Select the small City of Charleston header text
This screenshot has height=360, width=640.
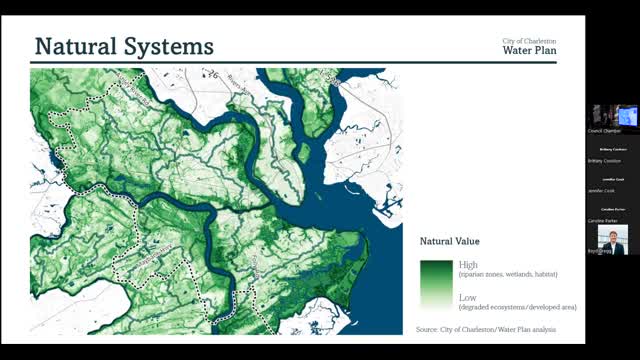tap(529, 40)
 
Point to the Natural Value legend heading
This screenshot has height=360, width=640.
tap(449, 241)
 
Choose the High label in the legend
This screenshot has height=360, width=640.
tap(468, 264)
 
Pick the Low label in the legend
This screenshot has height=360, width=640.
tap(467, 298)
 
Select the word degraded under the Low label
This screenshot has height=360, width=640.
tap(477, 307)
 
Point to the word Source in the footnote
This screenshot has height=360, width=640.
tap(427, 329)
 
